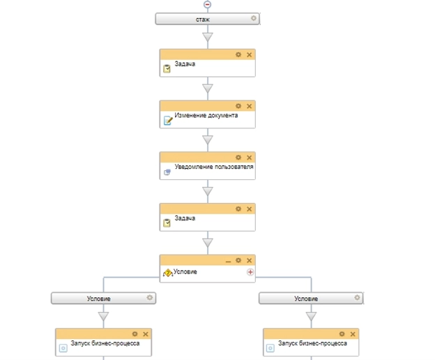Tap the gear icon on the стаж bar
(x=254, y=19)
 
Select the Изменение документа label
(x=206, y=115)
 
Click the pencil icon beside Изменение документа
(x=167, y=120)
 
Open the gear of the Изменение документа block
(x=238, y=106)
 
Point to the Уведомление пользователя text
(x=213, y=167)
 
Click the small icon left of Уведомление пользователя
(x=167, y=172)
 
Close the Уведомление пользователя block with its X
(x=249, y=158)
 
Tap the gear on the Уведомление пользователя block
(x=238, y=158)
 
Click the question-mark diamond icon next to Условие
(x=167, y=273)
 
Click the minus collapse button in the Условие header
(x=228, y=260)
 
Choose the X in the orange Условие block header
(x=249, y=260)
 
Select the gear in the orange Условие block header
(x=238, y=260)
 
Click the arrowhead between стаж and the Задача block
(x=207, y=38)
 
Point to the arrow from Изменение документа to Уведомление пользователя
(x=207, y=140)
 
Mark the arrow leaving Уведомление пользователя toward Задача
(x=207, y=191)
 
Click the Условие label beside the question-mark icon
(x=186, y=271)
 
